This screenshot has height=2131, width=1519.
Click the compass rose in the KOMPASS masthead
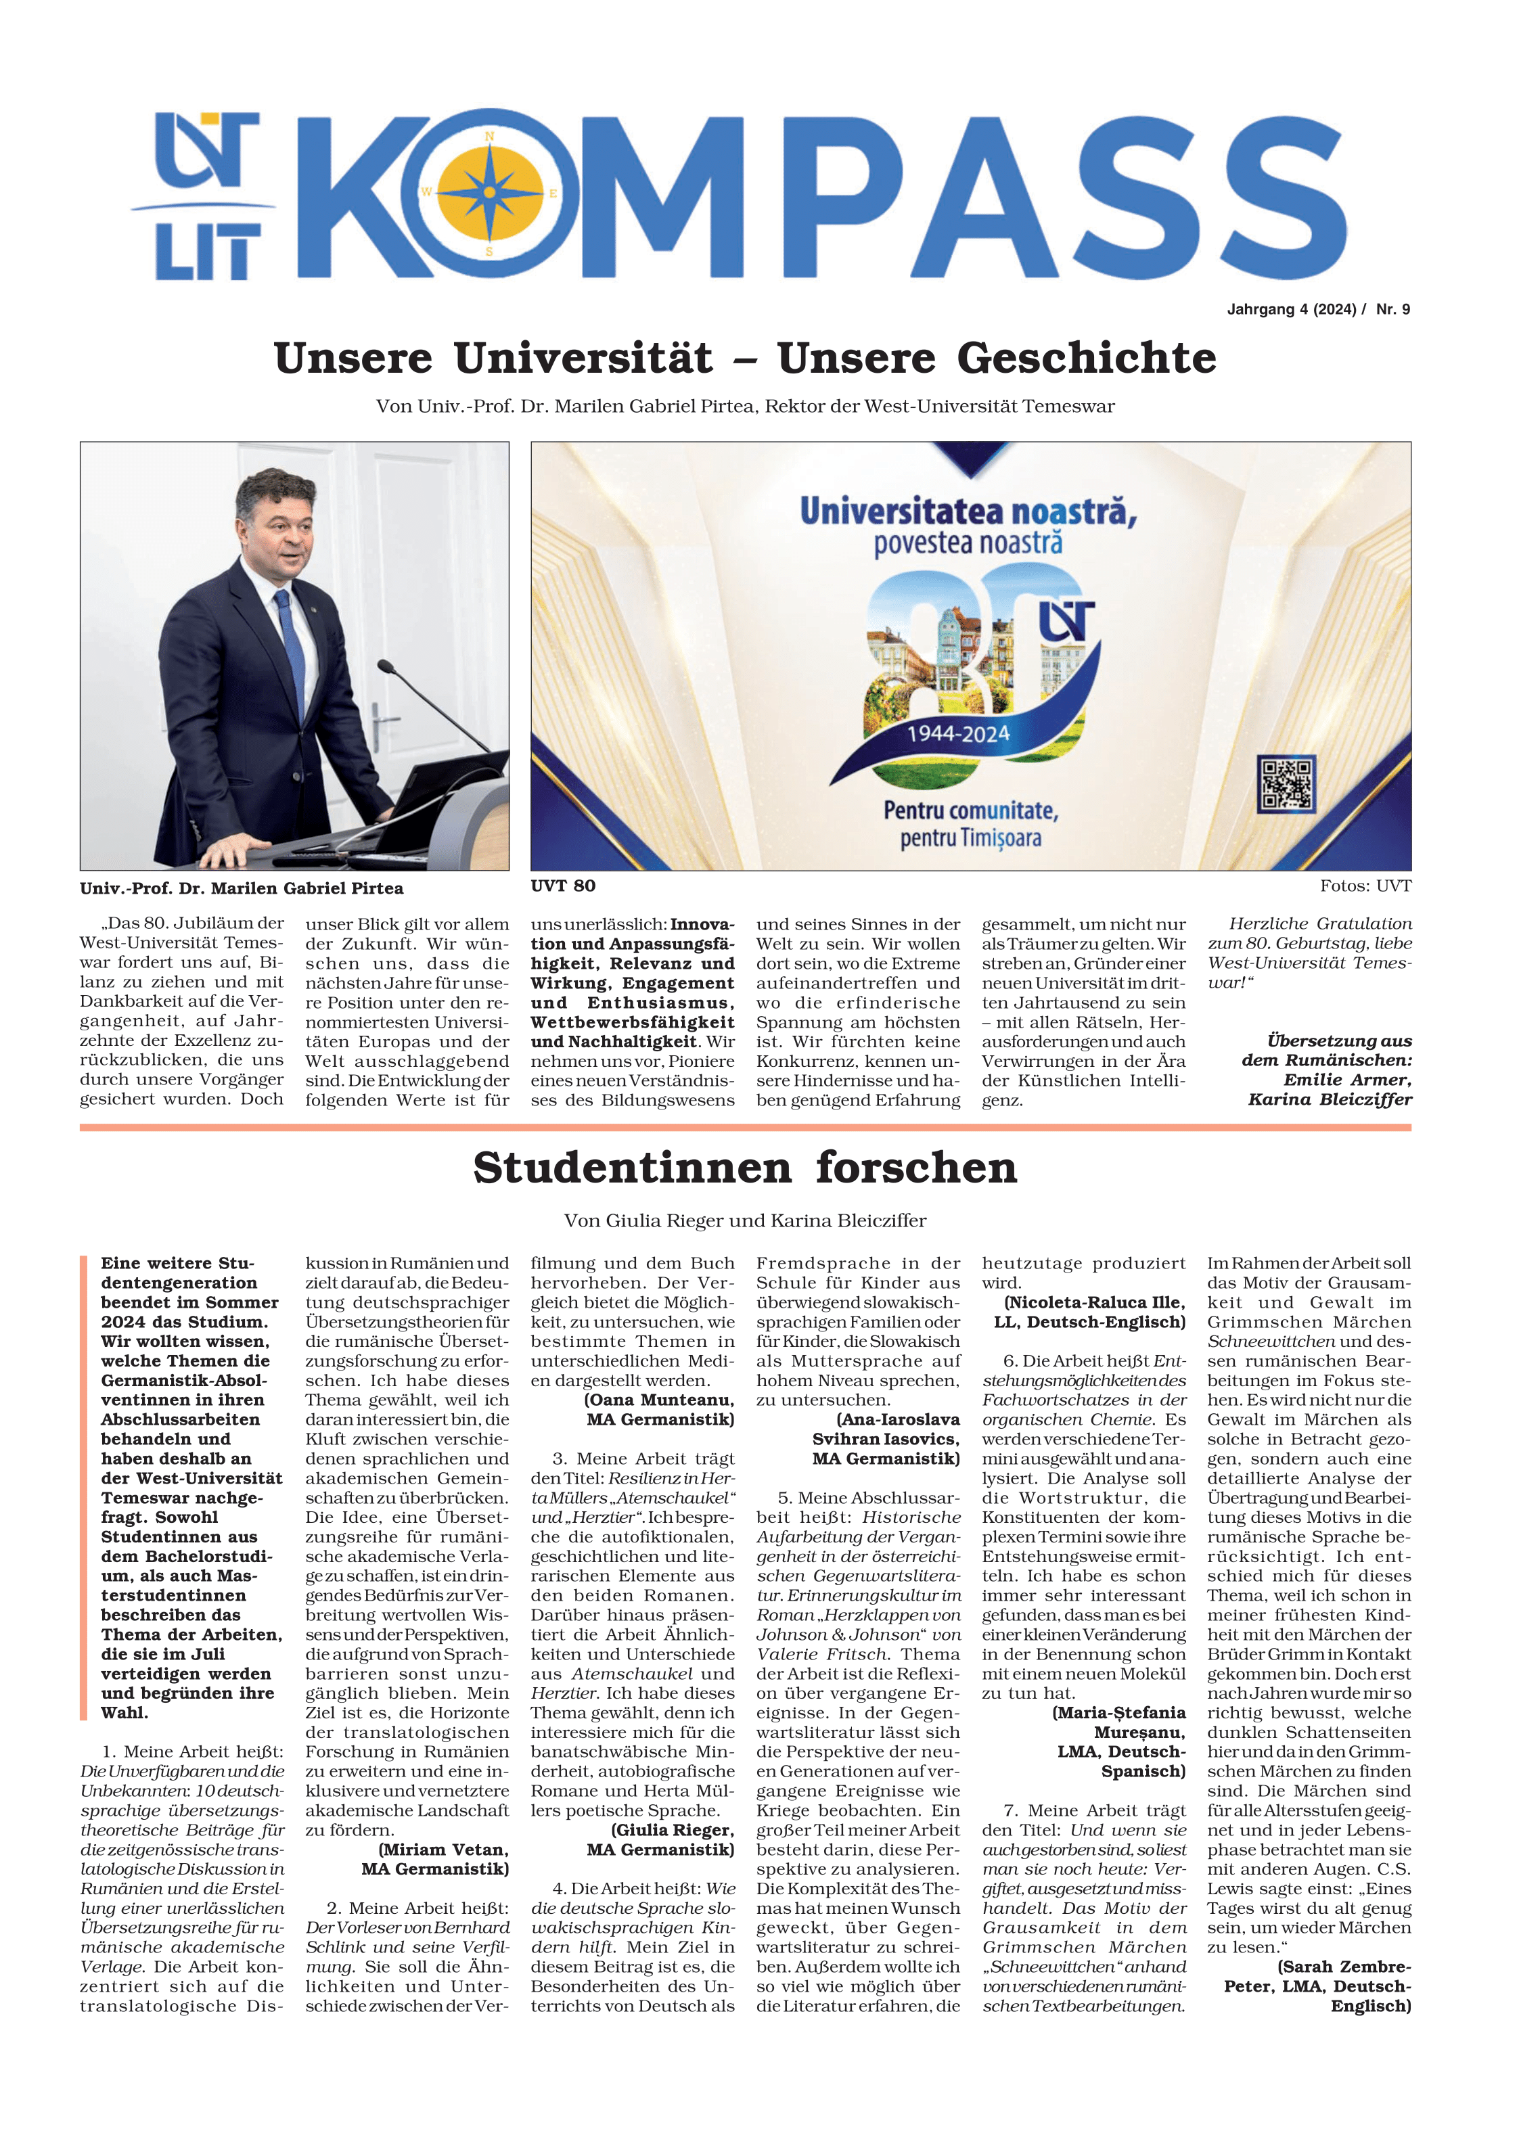(489, 193)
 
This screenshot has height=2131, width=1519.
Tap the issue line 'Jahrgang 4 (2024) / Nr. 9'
(1318, 310)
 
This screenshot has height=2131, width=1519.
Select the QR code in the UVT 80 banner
(1287, 783)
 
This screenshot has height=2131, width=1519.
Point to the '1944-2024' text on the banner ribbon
(959, 734)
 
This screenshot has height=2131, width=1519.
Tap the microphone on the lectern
(386, 668)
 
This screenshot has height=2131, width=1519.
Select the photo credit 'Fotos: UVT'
(1365, 886)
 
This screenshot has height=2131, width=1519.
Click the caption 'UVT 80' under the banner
(563, 886)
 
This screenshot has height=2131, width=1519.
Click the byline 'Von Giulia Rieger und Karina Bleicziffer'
(746, 1220)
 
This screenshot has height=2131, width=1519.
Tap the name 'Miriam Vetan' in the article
(443, 1850)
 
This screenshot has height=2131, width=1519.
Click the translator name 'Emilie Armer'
(1347, 1080)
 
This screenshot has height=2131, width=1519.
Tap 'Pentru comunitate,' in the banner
(971, 810)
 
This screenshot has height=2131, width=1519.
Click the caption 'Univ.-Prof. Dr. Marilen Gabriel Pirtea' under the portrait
(242, 888)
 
